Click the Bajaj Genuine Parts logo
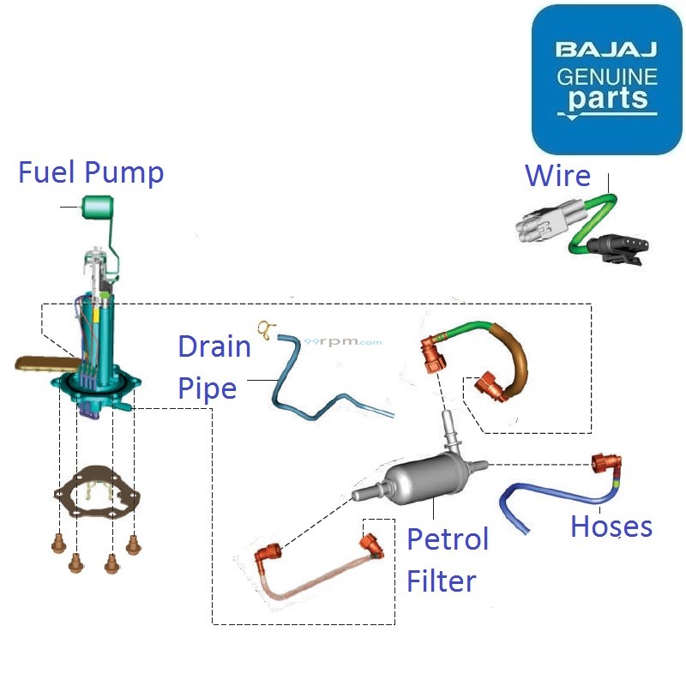click(x=606, y=79)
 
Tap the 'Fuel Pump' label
click(x=91, y=172)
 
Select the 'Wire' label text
click(x=557, y=176)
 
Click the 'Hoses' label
click(x=611, y=526)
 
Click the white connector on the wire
click(x=541, y=231)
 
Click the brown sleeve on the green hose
click(x=515, y=359)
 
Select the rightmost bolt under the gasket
click(x=133, y=543)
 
